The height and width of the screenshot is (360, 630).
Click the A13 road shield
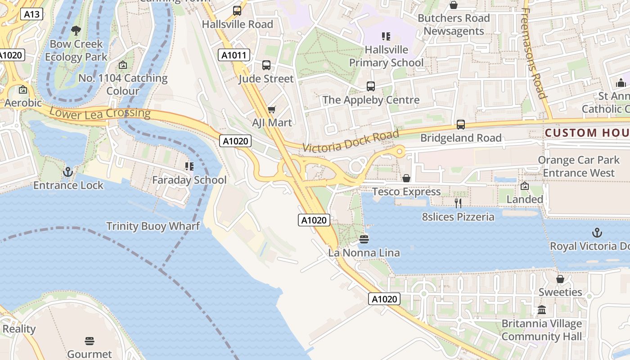click(x=31, y=14)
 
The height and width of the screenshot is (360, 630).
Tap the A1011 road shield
click(x=234, y=55)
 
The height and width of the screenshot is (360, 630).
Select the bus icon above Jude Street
click(x=266, y=65)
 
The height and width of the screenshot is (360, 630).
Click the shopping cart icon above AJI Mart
click(x=271, y=109)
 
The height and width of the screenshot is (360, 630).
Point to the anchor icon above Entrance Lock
click(x=68, y=171)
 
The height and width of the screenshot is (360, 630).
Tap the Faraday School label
click(x=189, y=180)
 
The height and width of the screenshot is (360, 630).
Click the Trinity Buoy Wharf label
click(x=153, y=226)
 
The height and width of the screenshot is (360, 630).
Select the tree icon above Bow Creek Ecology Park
click(x=76, y=31)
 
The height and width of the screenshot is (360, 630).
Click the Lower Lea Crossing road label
click(x=100, y=113)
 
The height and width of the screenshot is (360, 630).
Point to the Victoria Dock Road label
click(x=351, y=141)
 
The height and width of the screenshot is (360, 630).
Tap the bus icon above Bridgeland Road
click(x=460, y=124)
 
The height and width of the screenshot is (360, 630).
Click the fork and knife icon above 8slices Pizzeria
click(x=458, y=203)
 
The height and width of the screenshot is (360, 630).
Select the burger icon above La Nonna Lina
click(x=364, y=239)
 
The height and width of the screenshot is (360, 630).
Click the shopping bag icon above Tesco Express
click(x=406, y=178)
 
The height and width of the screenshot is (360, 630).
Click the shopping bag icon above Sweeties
click(x=560, y=279)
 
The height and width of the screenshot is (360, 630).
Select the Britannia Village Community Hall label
click(x=541, y=330)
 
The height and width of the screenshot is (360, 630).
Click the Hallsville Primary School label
click(x=387, y=56)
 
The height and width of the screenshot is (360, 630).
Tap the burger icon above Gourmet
click(x=90, y=341)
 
